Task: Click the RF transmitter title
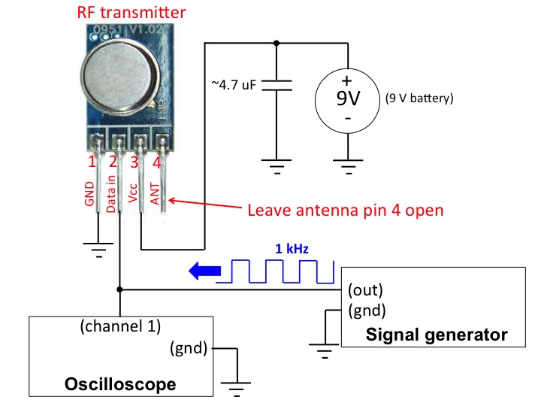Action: click(131, 12)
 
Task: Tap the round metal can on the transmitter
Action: click(120, 74)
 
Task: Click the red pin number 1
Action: click(92, 162)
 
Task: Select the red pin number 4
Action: click(157, 162)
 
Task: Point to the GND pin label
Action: click(89, 194)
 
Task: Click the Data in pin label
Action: click(110, 194)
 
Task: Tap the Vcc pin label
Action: click(133, 193)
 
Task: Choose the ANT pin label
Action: click(155, 194)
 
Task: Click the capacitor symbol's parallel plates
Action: click(277, 85)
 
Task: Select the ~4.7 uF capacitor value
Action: click(234, 84)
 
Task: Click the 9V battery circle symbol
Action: click(347, 101)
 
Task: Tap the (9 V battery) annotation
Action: click(419, 98)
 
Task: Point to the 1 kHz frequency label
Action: click(292, 249)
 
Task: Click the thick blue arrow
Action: click(205, 271)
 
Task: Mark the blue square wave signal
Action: click(275, 271)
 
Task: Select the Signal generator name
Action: click(437, 335)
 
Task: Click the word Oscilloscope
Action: click(120, 384)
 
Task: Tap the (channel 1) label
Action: click(120, 326)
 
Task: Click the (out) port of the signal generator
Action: click(365, 290)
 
